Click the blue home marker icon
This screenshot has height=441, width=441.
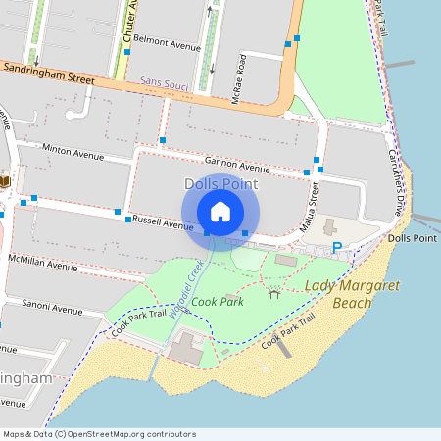(220, 212)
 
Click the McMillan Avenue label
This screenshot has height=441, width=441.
(42, 265)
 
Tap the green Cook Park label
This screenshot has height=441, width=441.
(218, 302)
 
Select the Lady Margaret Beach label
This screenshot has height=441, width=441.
(339, 293)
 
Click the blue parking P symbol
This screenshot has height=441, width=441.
(337, 248)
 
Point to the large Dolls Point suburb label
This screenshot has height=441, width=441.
(220, 184)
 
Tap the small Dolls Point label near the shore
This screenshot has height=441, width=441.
(412, 238)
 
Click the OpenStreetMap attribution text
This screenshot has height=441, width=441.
(98, 434)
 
